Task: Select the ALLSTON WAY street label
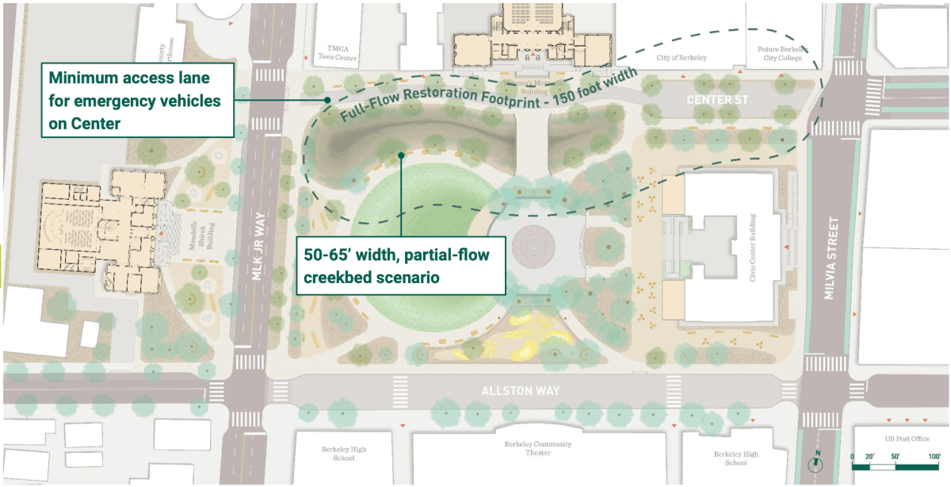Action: click(x=521, y=391)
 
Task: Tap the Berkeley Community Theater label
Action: click(x=526, y=448)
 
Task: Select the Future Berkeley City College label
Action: click(x=776, y=53)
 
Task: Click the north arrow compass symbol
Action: click(x=817, y=461)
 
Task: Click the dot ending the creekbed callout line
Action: click(x=402, y=155)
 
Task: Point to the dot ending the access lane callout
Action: click(x=327, y=99)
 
